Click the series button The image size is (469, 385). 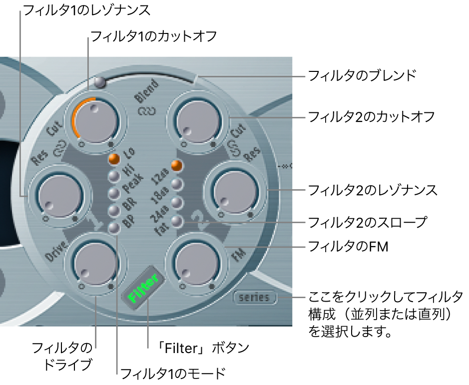254,298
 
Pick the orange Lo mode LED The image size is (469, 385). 114,160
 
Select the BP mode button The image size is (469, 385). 114,227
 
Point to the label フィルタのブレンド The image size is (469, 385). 362,76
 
